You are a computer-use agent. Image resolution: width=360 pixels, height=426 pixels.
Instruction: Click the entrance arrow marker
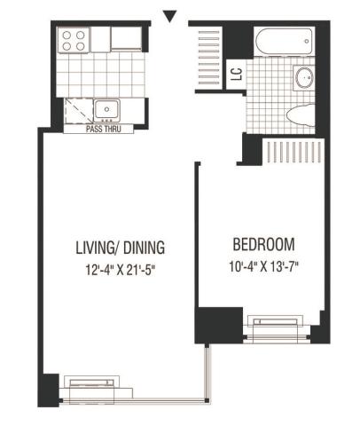pos(170,16)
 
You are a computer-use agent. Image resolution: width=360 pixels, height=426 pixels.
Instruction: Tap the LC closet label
pos(237,75)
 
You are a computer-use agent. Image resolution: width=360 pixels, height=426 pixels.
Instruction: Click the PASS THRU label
pos(104,129)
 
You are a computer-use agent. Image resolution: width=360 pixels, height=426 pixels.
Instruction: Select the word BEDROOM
pos(263,244)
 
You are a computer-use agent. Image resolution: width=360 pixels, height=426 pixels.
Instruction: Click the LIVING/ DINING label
pos(121,248)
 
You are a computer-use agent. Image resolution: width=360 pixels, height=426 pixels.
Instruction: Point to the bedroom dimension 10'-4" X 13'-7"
pos(263,266)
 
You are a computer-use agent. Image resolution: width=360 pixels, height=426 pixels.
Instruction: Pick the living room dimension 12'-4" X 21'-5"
pos(121,270)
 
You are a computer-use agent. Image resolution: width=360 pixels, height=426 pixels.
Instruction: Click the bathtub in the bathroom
pos(284,41)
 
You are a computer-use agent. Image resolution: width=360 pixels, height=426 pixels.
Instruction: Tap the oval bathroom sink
pos(303,77)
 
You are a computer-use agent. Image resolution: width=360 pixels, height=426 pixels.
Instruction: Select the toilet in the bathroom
pos(301,115)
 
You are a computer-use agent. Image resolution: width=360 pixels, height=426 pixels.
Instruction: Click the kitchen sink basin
pos(106,110)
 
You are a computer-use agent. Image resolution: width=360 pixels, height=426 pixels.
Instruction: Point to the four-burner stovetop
pos(74,41)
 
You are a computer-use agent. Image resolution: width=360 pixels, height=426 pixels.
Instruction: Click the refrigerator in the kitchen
pos(126,39)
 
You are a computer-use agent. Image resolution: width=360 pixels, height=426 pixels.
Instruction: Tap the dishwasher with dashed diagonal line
pos(79,111)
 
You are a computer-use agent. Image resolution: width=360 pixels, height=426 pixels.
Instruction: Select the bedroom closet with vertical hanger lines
pos(293,151)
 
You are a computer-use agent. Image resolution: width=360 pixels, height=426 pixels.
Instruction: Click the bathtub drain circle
pos(307,42)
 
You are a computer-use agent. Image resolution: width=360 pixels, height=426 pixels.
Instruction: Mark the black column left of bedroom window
pos(219,325)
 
